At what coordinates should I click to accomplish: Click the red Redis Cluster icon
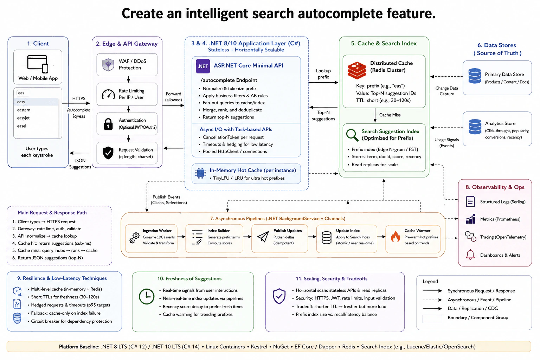(357, 70)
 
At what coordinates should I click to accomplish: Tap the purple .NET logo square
(203, 66)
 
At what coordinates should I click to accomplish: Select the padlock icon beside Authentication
(108, 124)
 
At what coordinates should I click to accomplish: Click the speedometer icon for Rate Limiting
(108, 94)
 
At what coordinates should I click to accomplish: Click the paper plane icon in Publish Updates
(263, 237)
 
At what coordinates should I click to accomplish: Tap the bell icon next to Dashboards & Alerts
(470, 255)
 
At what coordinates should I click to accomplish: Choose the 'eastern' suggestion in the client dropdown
(24, 110)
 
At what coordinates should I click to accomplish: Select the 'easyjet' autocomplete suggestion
(24, 118)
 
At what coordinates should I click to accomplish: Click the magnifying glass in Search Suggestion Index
(352, 135)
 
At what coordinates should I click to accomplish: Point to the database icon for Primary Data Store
(475, 76)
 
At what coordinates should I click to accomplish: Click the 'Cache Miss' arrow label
(390, 115)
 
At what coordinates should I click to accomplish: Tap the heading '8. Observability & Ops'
(495, 187)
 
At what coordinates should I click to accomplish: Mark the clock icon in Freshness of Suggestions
(147, 296)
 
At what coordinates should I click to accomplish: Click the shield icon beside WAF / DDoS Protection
(108, 65)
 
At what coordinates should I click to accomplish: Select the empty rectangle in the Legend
(432, 319)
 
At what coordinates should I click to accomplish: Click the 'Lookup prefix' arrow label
(323, 74)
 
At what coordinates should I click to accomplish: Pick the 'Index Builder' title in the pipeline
(218, 231)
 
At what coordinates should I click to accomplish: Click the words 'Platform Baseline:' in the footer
(79, 347)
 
